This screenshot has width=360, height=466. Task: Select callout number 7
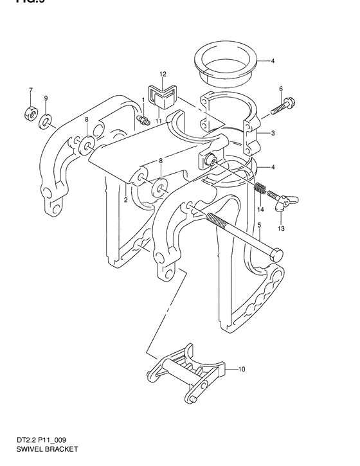coord(30,89)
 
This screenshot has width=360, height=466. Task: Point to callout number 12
coord(163,75)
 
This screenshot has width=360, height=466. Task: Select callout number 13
coord(280,229)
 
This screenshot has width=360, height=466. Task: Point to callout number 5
coord(258,225)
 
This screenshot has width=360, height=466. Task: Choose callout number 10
coord(242,370)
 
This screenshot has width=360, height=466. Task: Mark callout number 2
coord(126,201)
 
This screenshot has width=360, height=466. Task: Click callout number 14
coord(261,210)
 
